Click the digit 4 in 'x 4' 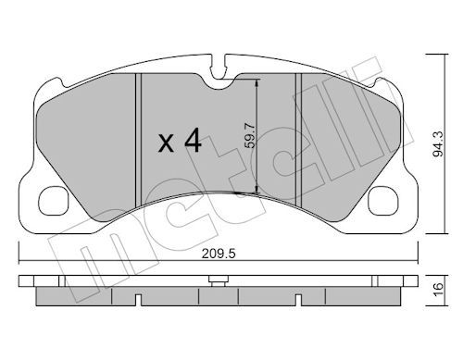pos(192,142)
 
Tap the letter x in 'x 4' pos(166,144)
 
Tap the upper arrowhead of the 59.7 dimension pos(257,81)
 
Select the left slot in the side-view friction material pos(138,298)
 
